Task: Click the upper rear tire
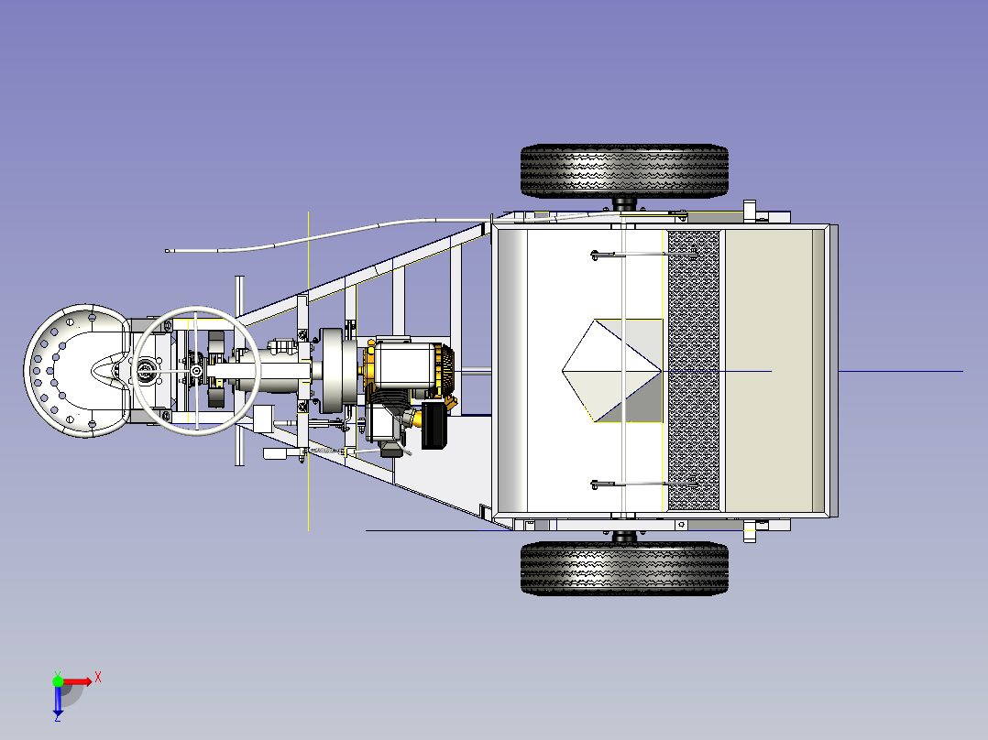click(x=624, y=171)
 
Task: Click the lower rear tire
click(x=624, y=568)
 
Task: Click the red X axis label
click(x=98, y=678)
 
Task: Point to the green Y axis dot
click(x=58, y=681)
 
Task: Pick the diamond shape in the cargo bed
click(x=611, y=371)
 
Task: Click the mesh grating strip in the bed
click(x=693, y=370)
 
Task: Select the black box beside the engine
click(x=434, y=425)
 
